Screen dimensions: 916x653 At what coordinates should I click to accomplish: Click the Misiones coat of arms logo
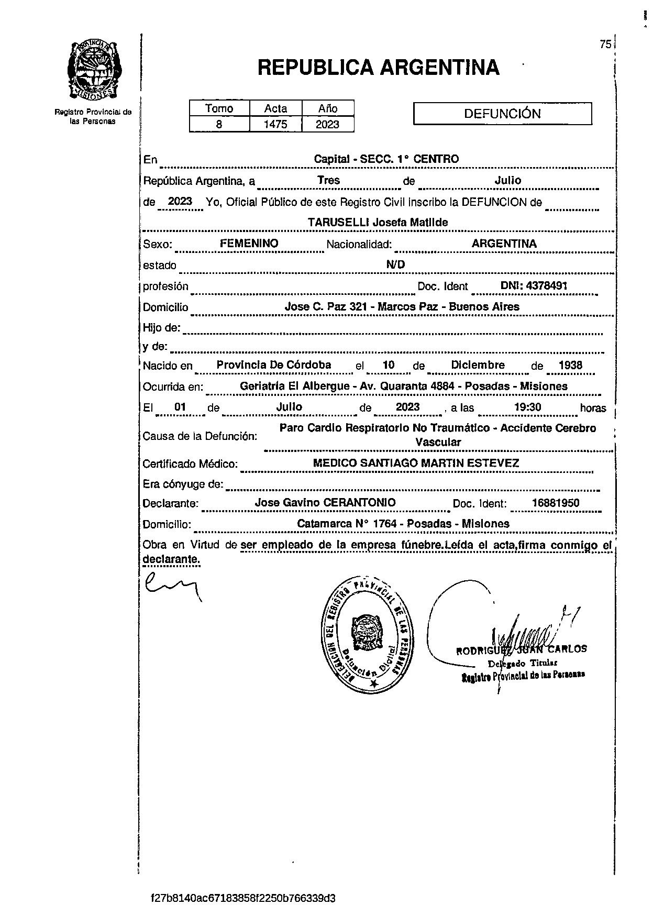[x=93, y=69]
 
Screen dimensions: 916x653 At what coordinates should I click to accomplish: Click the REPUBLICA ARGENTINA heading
[x=378, y=67]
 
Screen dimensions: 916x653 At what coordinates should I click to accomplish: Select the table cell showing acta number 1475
[x=275, y=125]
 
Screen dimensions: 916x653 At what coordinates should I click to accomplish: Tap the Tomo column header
[x=219, y=108]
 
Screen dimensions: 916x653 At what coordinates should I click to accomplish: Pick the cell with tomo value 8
[x=219, y=125]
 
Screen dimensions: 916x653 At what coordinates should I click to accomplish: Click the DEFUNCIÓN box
[x=502, y=114]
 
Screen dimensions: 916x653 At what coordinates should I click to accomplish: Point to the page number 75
[x=605, y=45]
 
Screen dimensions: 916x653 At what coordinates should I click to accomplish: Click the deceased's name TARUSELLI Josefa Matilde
[x=378, y=223]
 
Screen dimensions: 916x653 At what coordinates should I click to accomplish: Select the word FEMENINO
[x=249, y=244]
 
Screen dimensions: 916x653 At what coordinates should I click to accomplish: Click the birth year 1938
[x=570, y=366]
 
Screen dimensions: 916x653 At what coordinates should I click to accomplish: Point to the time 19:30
[x=528, y=407]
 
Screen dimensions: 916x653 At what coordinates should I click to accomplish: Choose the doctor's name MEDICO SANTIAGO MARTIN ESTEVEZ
[x=415, y=463]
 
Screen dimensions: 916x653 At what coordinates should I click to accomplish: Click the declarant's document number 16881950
[x=555, y=503]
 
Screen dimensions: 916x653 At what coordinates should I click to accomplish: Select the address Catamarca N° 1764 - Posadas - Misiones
[x=403, y=524]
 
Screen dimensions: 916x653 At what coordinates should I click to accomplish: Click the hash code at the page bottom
[x=242, y=899]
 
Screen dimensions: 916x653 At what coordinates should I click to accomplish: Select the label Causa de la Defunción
[x=200, y=436]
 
